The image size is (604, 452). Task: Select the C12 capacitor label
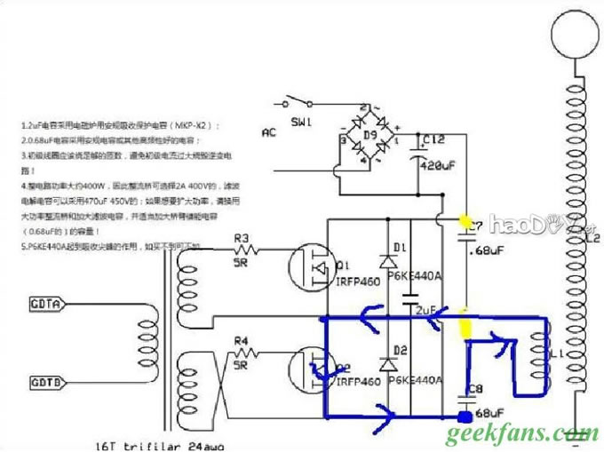(x=434, y=140)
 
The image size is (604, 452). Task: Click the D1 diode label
(x=399, y=246)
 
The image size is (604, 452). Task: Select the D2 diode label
(x=399, y=349)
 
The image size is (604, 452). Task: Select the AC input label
(x=269, y=133)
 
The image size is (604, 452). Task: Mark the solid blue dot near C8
(x=463, y=416)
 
